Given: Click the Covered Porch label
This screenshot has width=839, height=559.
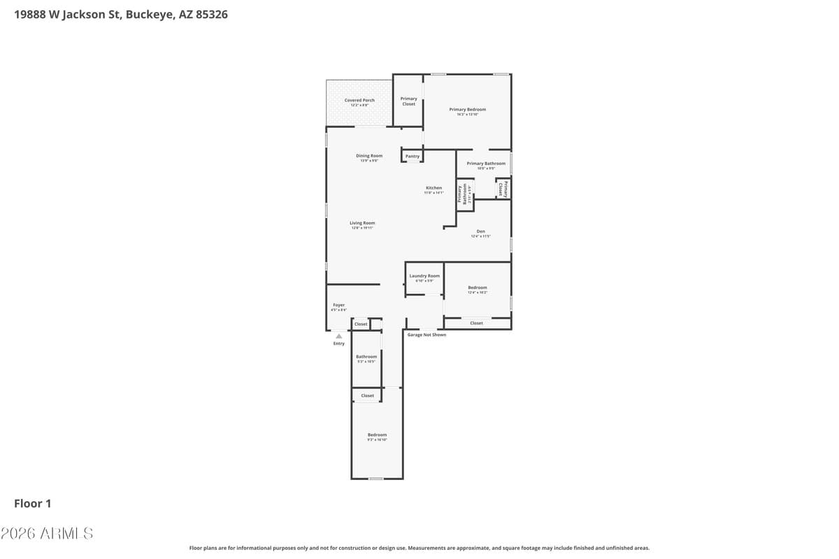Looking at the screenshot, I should (359, 101).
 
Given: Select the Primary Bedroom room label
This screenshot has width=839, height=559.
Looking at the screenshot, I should (467, 110).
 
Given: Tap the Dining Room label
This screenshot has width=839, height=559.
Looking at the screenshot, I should (369, 157).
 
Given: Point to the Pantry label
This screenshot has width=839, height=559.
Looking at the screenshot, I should (413, 157).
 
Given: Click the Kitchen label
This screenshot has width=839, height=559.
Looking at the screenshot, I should (433, 189).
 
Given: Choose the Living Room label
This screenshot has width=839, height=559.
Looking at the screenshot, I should (362, 224).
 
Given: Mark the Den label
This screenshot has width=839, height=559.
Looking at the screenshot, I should (480, 232).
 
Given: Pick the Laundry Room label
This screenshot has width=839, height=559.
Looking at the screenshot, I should (424, 277).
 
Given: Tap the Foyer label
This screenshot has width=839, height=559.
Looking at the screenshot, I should (338, 305).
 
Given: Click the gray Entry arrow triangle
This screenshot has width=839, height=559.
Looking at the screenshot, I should (339, 336).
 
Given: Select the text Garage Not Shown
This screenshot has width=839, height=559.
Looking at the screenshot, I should (426, 335).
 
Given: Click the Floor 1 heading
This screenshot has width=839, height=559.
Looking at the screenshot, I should (32, 503).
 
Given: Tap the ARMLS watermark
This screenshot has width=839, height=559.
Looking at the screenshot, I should (47, 534).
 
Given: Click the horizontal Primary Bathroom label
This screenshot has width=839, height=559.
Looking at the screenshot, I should (486, 164).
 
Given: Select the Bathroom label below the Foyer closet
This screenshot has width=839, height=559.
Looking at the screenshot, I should (366, 357).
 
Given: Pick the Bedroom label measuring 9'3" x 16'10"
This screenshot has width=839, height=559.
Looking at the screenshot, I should (377, 435).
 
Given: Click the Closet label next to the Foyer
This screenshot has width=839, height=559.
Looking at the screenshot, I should (361, 324).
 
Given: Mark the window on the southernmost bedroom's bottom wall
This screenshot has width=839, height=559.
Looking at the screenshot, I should (376, 479).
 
